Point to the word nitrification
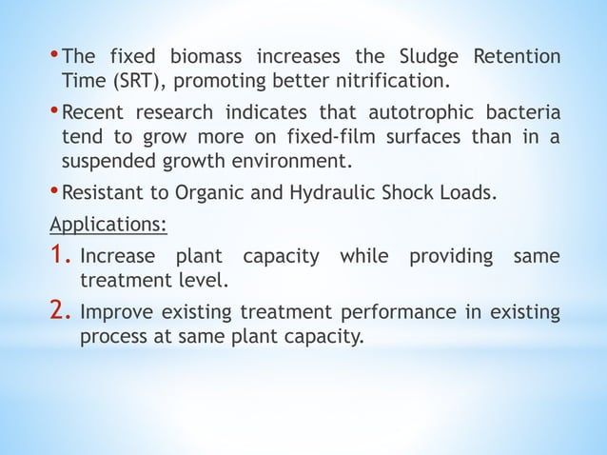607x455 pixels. coord(386,76)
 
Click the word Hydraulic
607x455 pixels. coord(349,195)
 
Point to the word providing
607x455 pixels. coord(451,258)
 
